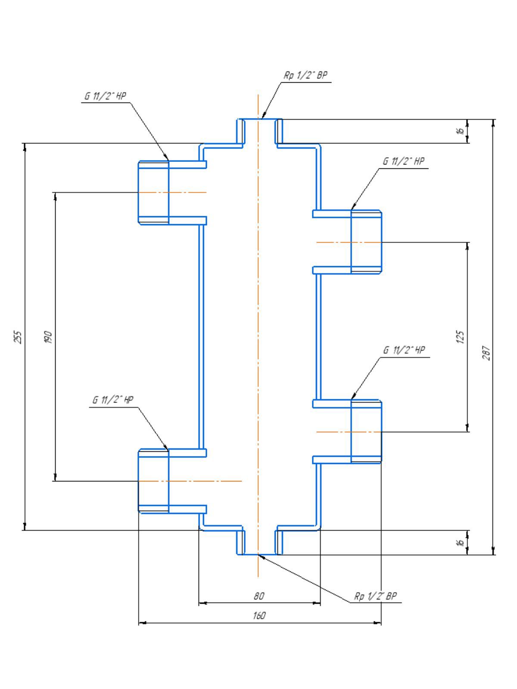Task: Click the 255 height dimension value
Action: (x=19, y=337)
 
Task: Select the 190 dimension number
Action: (x=49, y=337)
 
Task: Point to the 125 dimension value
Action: (x=460, y=337)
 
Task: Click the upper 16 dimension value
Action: (x=460, y=131)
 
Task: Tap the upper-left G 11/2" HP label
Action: (x=105, y=96)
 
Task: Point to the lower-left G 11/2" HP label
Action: (x=113, y=400)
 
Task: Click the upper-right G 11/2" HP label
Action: (x=403, y=161)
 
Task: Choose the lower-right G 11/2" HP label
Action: (x=404, y=350)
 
